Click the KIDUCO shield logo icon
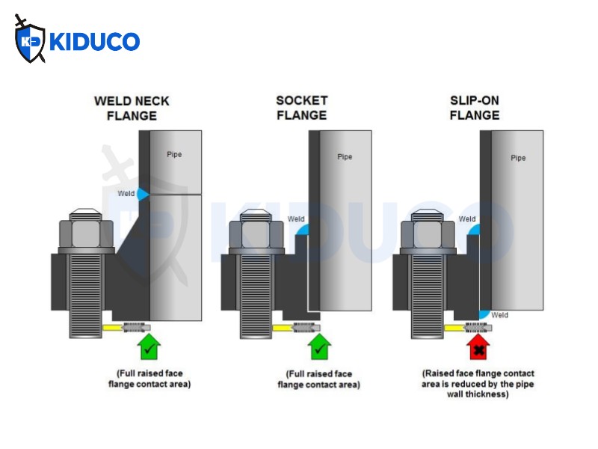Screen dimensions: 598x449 [x=30, y=40]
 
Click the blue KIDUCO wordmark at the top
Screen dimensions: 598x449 [x=95, y=41]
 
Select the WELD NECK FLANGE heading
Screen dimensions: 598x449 [x=132, y=109]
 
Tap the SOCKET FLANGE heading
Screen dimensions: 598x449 [x=302, y=108]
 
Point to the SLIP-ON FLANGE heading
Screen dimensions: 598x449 [x=475, y=108]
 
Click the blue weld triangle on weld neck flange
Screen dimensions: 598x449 [x=143, y=194]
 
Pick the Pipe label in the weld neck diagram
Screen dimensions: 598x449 [x=174, y=154]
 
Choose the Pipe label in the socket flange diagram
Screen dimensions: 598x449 [x=345, y=156]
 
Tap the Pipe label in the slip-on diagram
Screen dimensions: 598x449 [x=518, y=158]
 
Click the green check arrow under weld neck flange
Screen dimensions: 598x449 [x=149, y=346]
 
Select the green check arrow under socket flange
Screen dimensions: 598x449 [x=320, y=346]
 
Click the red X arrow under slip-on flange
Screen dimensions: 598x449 [x=478, y=347]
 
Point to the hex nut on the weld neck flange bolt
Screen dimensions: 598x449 [x=86, y=233]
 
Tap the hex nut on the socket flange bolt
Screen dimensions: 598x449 [x=256, y=233]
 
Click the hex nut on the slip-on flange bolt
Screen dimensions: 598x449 [x=428, y=233]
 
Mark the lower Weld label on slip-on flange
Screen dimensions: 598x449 [x=499, y=315]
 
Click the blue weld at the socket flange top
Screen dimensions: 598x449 [x=303, y=230]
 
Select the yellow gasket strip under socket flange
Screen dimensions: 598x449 [x=283, y=328]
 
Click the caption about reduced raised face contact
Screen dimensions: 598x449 [x=478, y=384]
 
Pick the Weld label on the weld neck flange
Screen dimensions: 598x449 [x=126, y=194]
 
